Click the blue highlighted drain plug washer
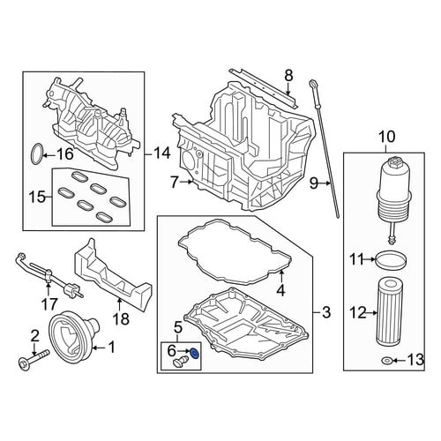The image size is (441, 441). (x=194, y=354)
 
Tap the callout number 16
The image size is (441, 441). (x=64, y=153)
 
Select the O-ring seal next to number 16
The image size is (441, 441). (x=36, y=153)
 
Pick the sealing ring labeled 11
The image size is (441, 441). (x=391, y=260)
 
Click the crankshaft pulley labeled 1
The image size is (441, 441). (x=74, y=337)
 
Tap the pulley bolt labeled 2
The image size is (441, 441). (x=34, y=358)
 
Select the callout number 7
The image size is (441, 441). (x=174, y=183)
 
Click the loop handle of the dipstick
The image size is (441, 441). (x=313, y=86)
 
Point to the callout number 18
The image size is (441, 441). (x=121, y=318)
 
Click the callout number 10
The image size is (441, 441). (x=387, y=138)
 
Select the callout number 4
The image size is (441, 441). (x=281, y=291)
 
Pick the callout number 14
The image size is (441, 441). (x=161, y=153)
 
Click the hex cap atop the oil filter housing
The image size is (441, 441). (x=393, y=162)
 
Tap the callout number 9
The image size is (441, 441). (x=314, y=184)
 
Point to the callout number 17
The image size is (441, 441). (x=49, y=304)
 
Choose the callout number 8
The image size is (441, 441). (x=288, y=76)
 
